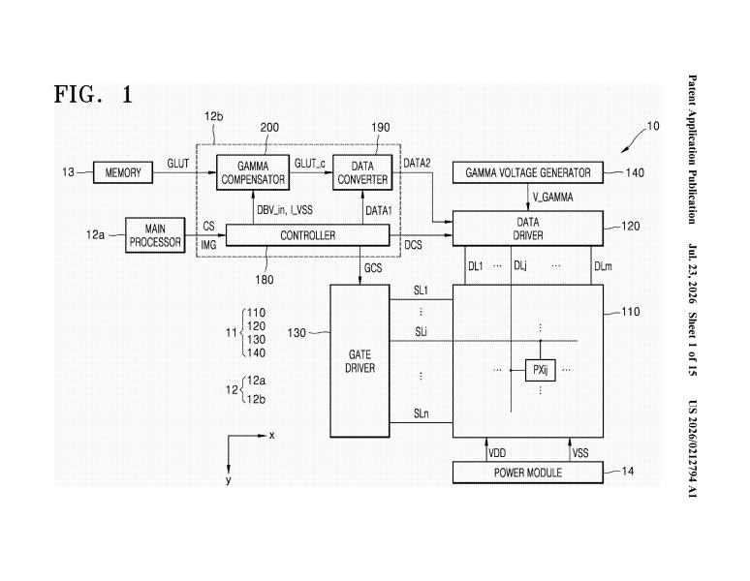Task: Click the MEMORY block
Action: tap(123, 172)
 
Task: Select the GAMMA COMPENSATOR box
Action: tap(253, 172)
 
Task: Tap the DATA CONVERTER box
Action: tap(362, 172)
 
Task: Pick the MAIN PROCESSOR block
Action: tap(155, 235)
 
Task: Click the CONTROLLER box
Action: tap(307, 235)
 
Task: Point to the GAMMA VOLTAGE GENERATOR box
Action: tap(528, 172)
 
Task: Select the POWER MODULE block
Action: tap(528, 473)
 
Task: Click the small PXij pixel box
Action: tap(541, 370)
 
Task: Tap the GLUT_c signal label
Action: tap(309, 164)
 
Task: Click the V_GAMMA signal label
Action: tap(553, 197)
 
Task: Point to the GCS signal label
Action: tap(373, 268)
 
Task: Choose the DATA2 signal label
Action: tap(417, 164)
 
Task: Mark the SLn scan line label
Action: tap(421, 413)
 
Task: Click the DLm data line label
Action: tap(603, 266)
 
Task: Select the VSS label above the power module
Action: tap(580, 453)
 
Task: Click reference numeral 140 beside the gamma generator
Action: tap(635, 172)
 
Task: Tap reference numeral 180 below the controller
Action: tap(265, 280)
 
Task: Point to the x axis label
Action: tap(271, 436)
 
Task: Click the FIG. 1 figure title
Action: tap(93, 94)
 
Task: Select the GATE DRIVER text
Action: tap(359, 361)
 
